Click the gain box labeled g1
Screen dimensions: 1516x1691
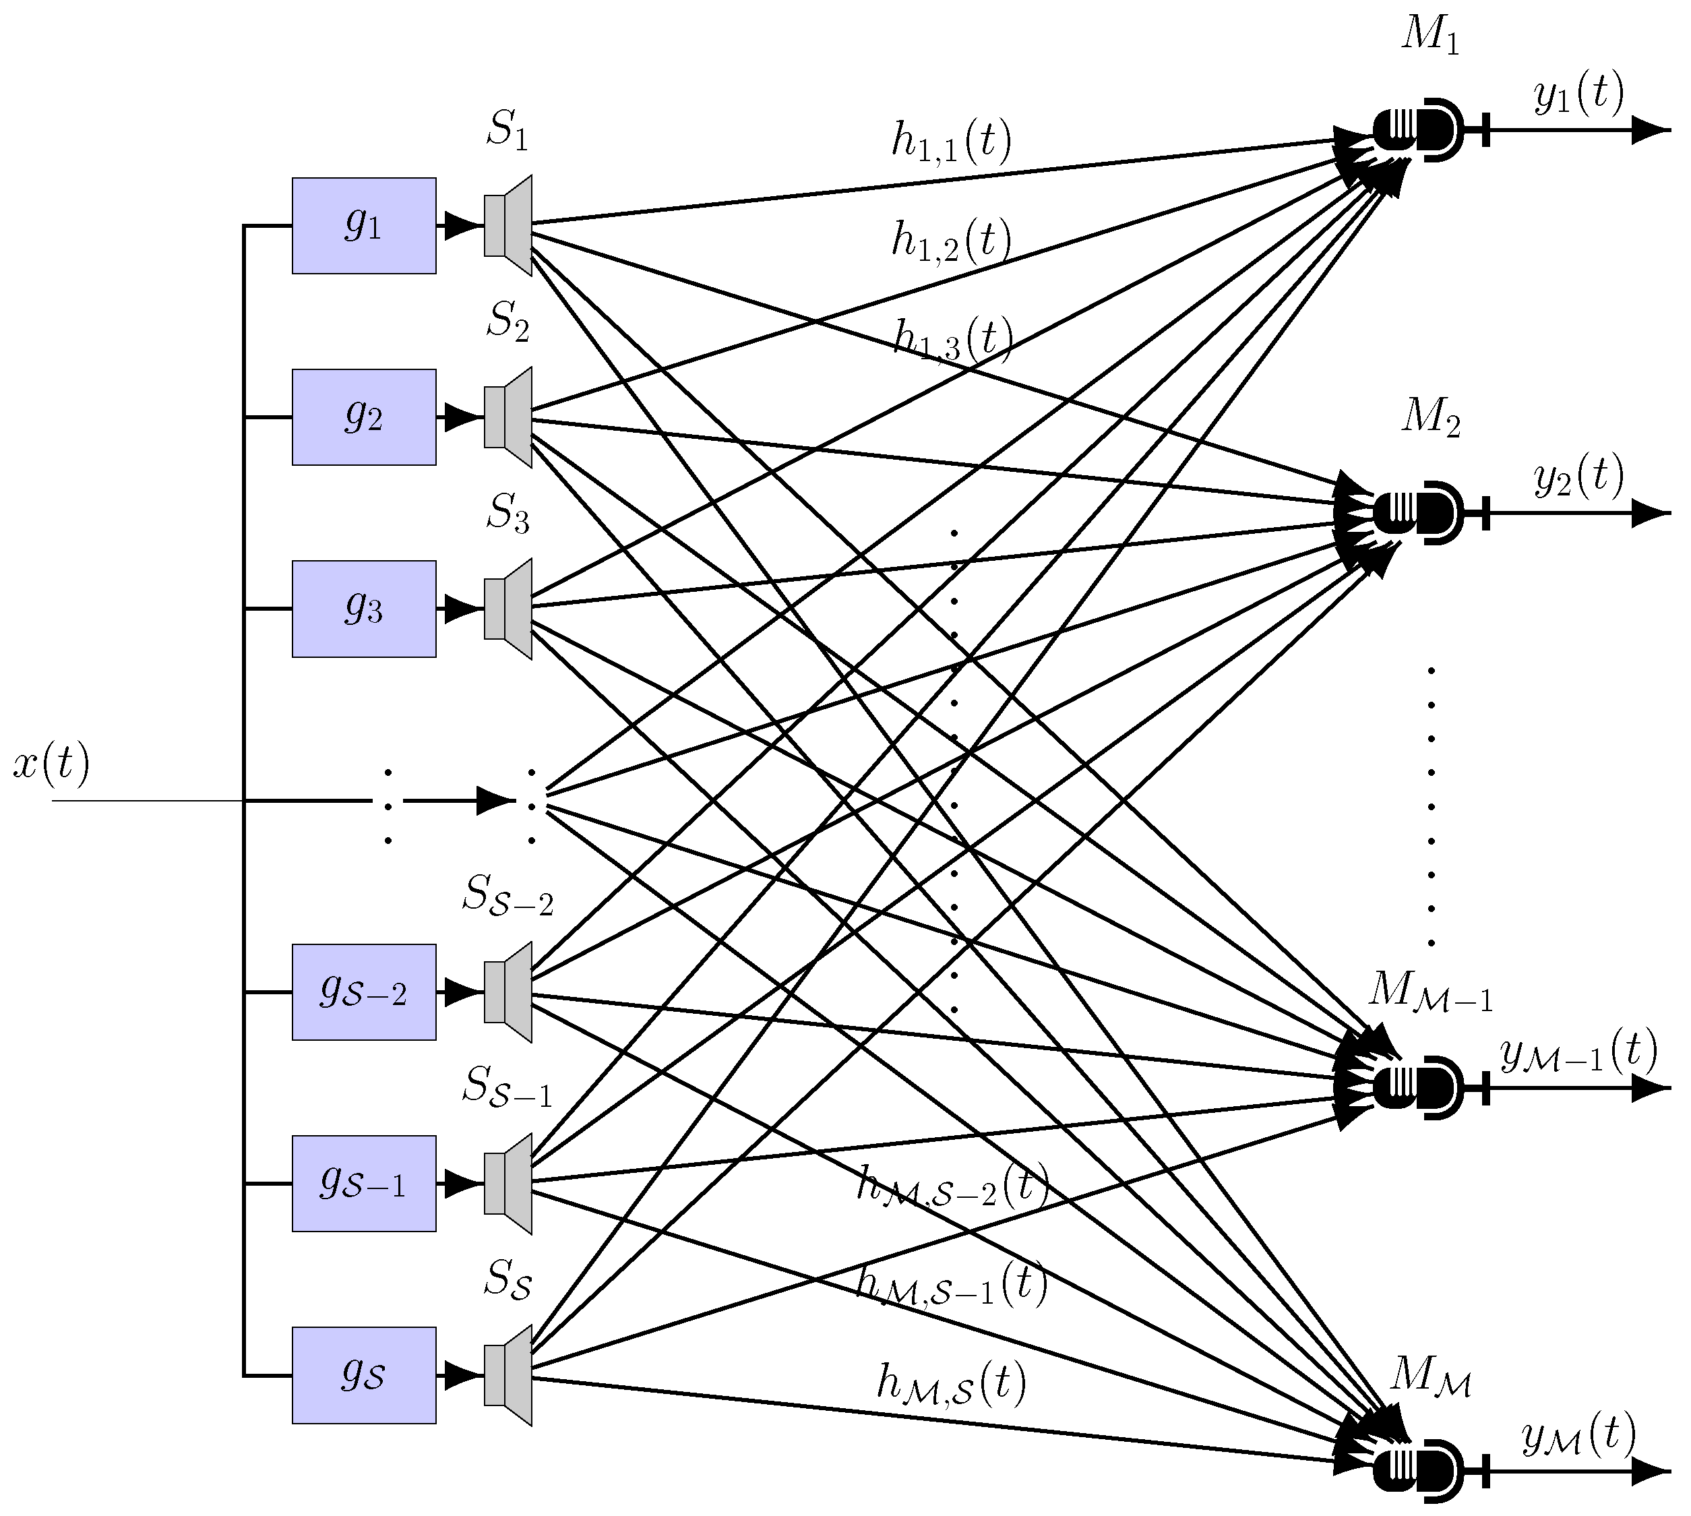click(x=364, y=226)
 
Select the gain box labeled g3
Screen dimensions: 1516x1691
click(x=364, y=609)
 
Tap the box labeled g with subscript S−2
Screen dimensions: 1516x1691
click(x=364, y=992)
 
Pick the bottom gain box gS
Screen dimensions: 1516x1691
click(x=364, y=1375)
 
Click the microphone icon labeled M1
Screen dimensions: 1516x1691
click(x=1418, y=130)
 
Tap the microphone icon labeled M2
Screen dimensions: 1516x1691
click(x=1418, y=513)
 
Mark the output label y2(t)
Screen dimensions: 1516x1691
click(x=1578, y=477)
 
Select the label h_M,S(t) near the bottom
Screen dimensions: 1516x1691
click(x=951, y=1385)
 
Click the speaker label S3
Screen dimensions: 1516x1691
click(x=508, y=512)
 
